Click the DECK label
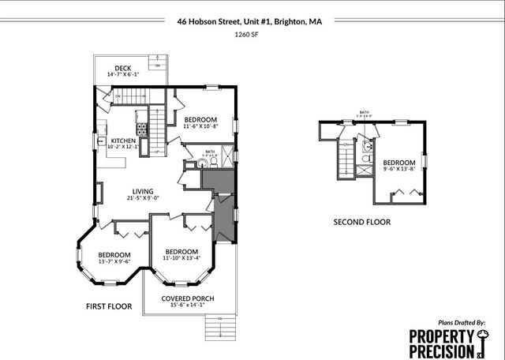[x=122, y=68]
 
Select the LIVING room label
[x=143, y=191]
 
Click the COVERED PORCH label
[x=187, y=298]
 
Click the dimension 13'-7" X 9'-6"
[x=114, y=262]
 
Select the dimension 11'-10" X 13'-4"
[x=181, y=257]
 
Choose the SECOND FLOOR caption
[x=361, y=222]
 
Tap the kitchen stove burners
[x=142, y=128]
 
